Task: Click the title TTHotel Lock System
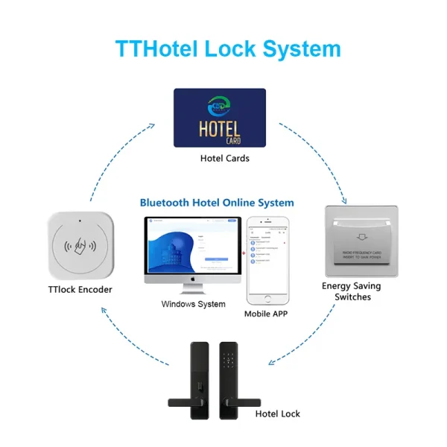click(x=228, y=48)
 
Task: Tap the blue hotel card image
click(x=220, y=118)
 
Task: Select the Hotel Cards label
click(x=224, y=158)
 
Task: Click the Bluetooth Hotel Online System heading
click(x=217, y=203)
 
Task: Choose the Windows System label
click(x=193, y=304)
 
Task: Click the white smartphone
click(x=269, y=260)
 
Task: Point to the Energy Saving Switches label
click(x=351, y=291)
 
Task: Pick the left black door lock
click(x=195, y=379)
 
